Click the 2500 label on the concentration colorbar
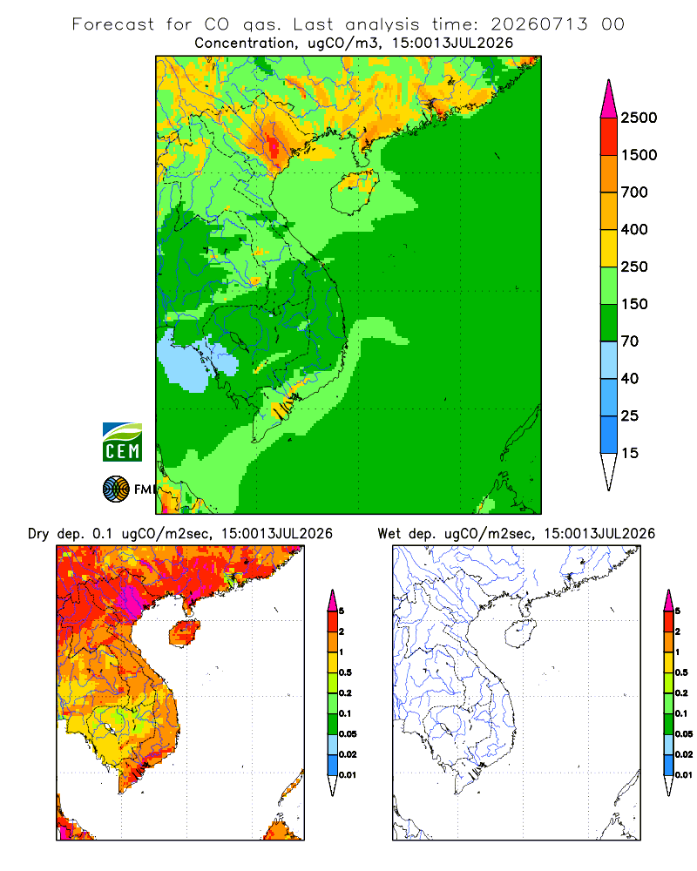639,118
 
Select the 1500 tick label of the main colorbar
639,155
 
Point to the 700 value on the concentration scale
634,192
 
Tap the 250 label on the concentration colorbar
634,267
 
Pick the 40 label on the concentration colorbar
630,378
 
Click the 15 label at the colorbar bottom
630,453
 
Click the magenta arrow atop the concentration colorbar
609,100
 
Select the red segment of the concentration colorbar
609,137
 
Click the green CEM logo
122,442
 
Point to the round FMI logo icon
116,490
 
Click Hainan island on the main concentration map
355,192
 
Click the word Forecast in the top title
113,24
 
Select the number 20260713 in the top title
538,24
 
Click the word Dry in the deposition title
38,534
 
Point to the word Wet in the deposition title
389,534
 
